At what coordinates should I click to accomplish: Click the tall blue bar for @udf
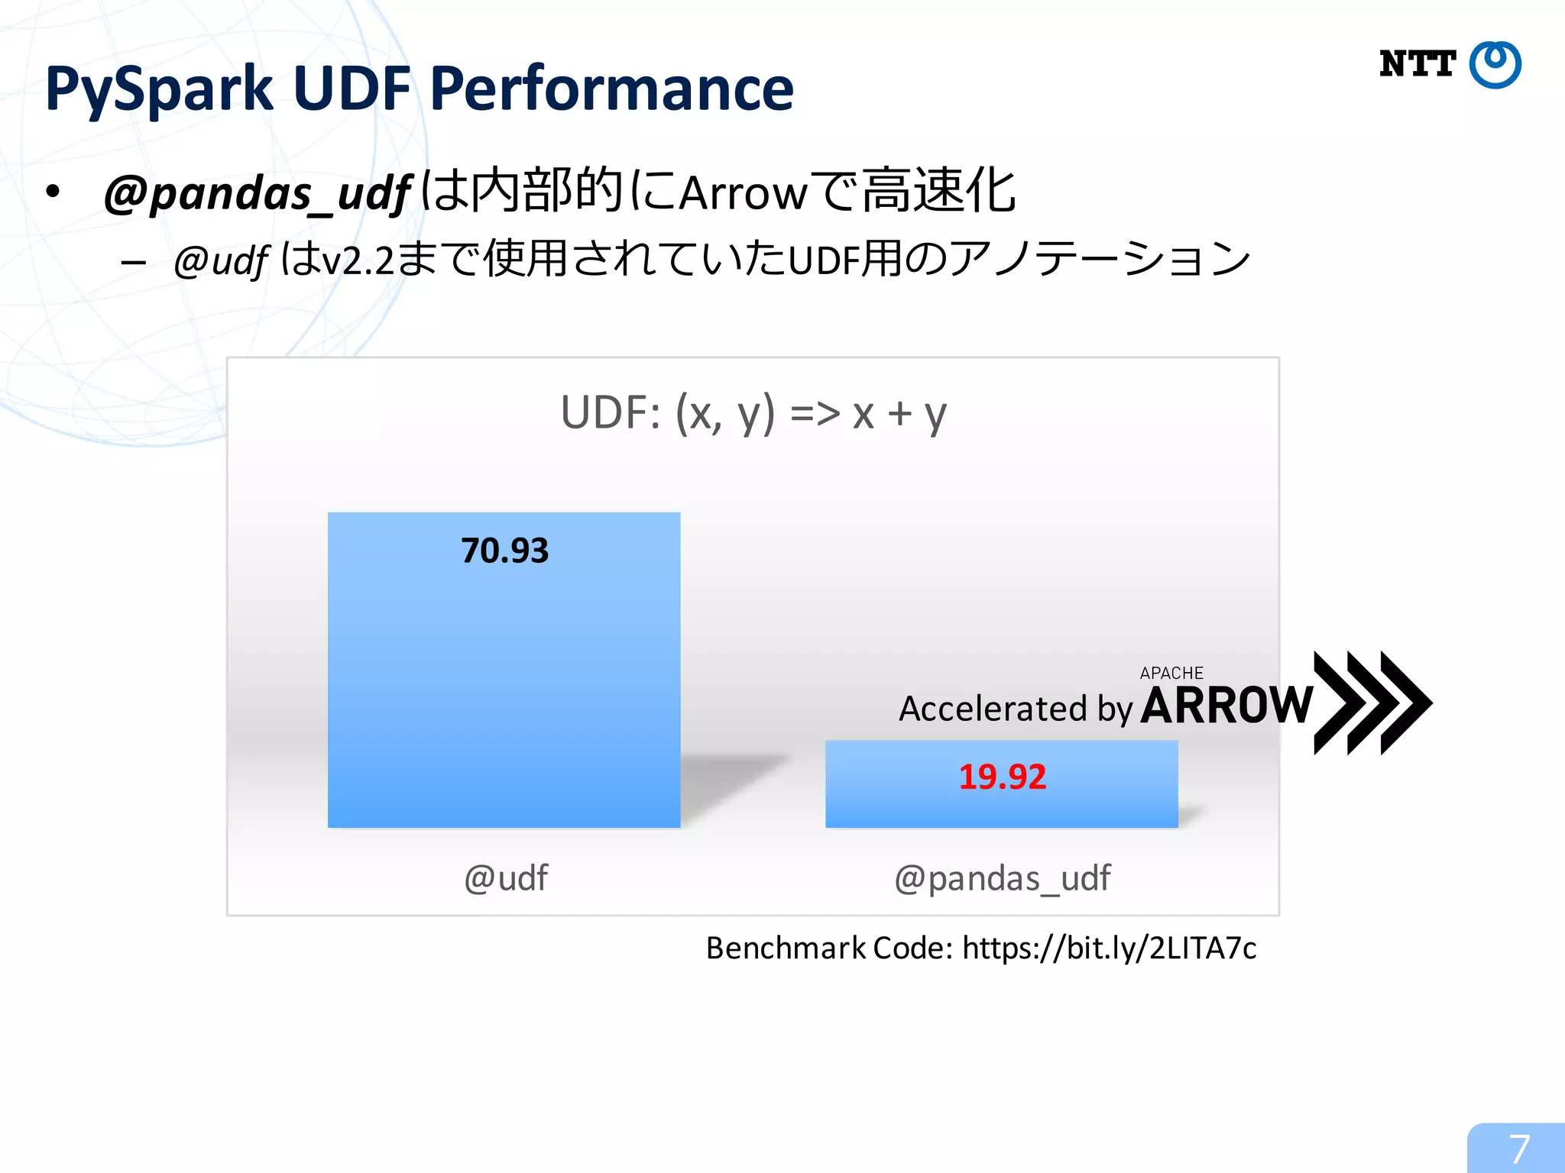(504, 687)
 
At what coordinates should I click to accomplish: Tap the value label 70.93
(505, 551)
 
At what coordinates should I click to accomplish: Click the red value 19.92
(1002, 777)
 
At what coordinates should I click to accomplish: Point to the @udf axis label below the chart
(506, 878)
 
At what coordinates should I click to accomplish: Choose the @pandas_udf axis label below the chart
(1002, 878)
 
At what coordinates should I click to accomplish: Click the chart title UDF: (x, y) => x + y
(753, 413)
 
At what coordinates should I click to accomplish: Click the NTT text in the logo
(1418, 64)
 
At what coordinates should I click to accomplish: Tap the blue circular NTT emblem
(1495, 65)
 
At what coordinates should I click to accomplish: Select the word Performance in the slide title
(611, 89)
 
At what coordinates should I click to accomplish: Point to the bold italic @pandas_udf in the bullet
(258, 193)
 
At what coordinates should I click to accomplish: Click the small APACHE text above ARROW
(1171, 673)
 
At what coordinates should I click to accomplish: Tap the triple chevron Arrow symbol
(1372, 703)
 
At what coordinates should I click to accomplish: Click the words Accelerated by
(1015, 709)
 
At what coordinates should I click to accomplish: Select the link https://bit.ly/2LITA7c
(1109, 948)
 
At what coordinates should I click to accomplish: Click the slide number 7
(1518, 1149)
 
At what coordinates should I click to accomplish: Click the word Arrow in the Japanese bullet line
(743, 193)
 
